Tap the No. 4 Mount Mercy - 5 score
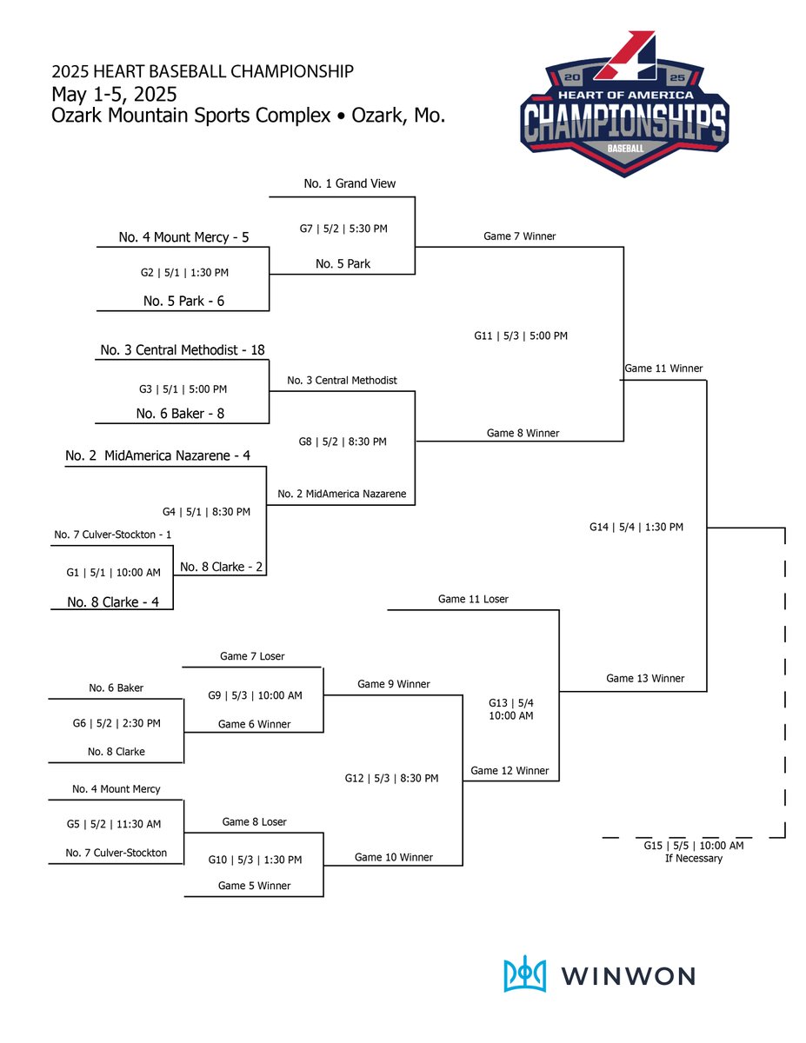(183, 236)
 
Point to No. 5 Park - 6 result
(183, 302)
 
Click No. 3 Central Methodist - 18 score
(183, 350)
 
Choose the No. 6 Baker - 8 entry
(180, 414)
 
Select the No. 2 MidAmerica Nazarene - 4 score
(158, 455)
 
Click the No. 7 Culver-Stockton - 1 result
(112, 535)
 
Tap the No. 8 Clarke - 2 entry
(221, 567)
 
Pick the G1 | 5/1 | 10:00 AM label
(112, 573)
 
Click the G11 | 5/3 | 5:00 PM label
(521, 335)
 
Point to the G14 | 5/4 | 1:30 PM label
(636, 527)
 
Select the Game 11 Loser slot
(473, 599)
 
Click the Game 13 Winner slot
(645, 678)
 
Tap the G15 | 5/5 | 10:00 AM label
(693, 846)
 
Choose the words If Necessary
(693, 859)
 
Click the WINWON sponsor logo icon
(525, 974)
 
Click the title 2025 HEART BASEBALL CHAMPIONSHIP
(202, 71)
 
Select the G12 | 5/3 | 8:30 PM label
(391, 778)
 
